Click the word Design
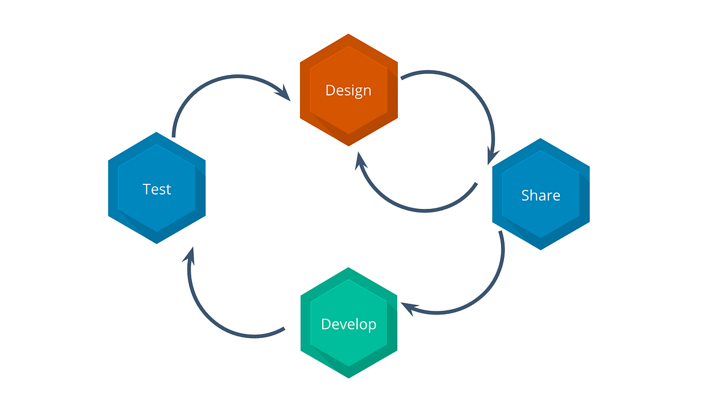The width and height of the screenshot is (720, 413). tap(348, 91)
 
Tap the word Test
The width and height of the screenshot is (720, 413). tap(157, 189)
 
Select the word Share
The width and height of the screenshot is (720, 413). tap(541, 195)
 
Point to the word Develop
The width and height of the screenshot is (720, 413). tap(349, 324)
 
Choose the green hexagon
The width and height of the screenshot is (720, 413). tap(348, 354)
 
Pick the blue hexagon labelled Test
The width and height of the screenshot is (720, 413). tap(157, 219)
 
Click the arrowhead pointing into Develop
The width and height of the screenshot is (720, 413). tap(408, 308)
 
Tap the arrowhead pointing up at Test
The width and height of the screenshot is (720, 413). tap(190, 255)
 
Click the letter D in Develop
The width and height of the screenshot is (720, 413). tap(326, 324)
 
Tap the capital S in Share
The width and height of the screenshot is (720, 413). tap(526, 195)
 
